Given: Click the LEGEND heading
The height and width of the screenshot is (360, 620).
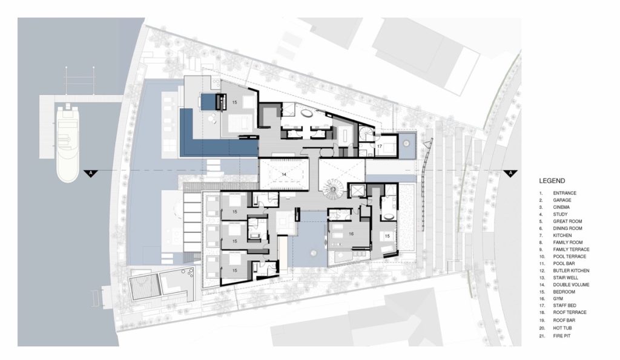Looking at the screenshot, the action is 552,181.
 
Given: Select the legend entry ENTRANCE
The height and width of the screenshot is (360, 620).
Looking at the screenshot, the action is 565,193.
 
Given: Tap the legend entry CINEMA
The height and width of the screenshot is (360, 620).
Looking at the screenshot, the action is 561,207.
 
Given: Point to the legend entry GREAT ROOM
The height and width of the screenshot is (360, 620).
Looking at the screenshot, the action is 567,221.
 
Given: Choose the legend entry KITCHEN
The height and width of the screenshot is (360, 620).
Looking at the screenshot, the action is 562,235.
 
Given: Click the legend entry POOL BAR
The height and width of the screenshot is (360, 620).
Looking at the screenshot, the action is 564,264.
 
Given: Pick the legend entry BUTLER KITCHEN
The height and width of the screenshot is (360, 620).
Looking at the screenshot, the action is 571,270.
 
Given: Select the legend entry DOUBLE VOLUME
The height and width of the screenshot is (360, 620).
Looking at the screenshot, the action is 571,284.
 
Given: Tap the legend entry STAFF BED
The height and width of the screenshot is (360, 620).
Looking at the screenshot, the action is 565,306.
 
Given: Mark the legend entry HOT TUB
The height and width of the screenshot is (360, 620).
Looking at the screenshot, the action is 562,328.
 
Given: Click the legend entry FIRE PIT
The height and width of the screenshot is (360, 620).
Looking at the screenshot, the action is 562,336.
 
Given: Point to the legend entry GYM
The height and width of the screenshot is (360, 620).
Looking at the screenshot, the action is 558,299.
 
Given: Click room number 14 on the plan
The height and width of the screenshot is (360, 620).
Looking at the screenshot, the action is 283,174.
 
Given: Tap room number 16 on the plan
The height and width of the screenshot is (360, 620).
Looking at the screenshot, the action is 351,234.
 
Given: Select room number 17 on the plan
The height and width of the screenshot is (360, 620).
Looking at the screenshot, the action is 380,146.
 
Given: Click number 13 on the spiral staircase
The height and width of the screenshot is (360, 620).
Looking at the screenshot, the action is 334,190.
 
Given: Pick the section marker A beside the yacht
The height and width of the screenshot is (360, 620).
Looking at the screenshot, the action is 91,173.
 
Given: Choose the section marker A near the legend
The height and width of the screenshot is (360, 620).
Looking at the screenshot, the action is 510,173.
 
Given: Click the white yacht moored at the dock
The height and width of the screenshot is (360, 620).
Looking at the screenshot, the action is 68,143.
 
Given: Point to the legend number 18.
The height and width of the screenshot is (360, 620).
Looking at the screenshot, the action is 541,312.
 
